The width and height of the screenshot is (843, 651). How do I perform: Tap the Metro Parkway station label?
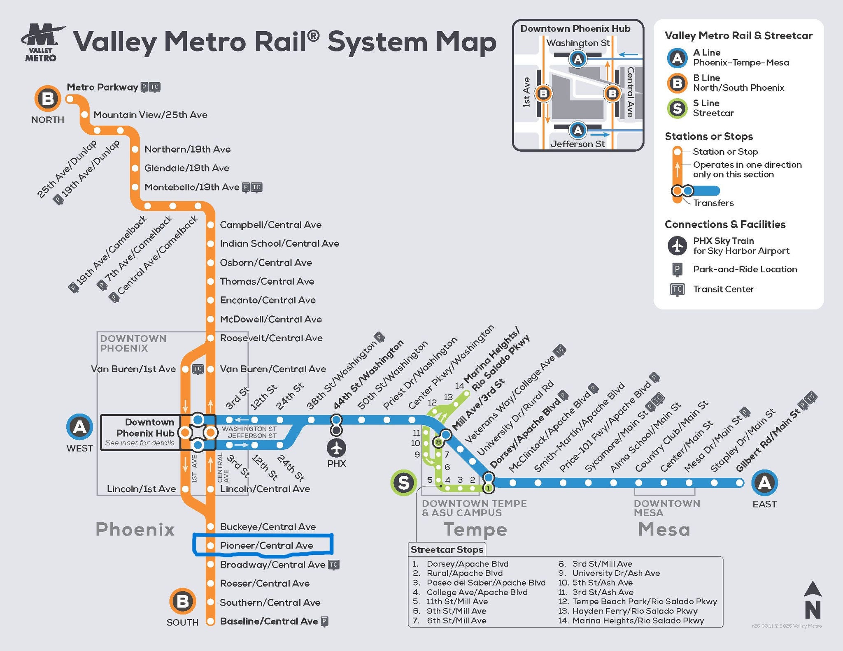(102, 87)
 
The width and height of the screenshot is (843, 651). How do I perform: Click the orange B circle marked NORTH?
(48, 99)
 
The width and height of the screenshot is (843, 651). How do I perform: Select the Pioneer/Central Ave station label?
(266, 545)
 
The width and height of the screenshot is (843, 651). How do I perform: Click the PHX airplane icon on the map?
(336, 448)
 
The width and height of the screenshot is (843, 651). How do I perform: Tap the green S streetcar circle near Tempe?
(403, 482)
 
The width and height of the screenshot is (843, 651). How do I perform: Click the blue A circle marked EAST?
(764, 482)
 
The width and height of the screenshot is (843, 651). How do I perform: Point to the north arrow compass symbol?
(813, 600)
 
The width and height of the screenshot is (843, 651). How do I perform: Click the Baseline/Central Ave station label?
(269, 621)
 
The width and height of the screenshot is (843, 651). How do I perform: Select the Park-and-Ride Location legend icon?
(677, 269)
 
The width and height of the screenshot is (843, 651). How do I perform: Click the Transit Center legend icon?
(677, 289)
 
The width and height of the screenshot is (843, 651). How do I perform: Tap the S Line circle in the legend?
(677, 108)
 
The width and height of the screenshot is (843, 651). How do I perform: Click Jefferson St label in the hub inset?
(578, 144)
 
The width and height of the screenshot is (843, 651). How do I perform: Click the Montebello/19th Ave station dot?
(135, 187)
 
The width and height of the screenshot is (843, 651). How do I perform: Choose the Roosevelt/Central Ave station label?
(271, 338)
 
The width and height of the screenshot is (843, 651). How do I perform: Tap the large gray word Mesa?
(664, 529)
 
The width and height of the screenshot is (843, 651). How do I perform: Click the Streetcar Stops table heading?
(447, 549)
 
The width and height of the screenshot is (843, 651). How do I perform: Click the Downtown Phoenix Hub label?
(145, 428)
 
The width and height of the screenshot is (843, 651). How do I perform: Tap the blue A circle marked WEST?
(79, 427)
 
